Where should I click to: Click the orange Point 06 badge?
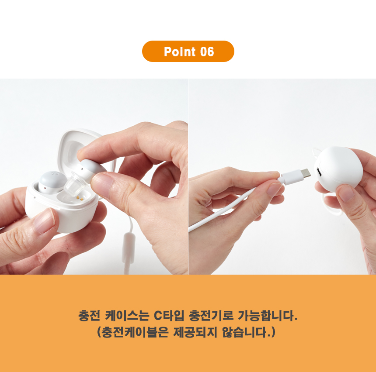coord(188,51)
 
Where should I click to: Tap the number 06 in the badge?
coord(207,52)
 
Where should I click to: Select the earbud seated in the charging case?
coord(52,182)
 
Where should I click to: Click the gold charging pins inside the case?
coord(80,198)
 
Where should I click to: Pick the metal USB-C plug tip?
coord(306,173)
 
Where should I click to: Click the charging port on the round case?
coord(319,172)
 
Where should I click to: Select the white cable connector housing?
coord(290,177)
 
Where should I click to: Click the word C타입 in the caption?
coord(169,315)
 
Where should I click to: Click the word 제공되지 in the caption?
coord(195,332)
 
